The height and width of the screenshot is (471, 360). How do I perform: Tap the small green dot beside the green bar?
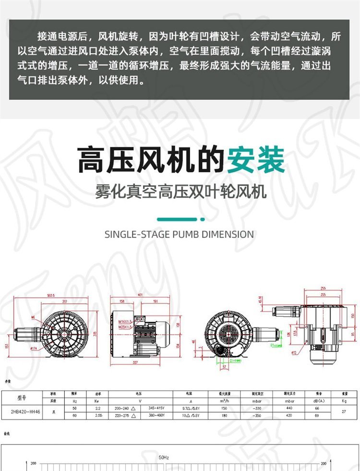[x=203, y=219]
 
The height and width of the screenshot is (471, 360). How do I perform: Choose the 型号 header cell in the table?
[x=23, y=399]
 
